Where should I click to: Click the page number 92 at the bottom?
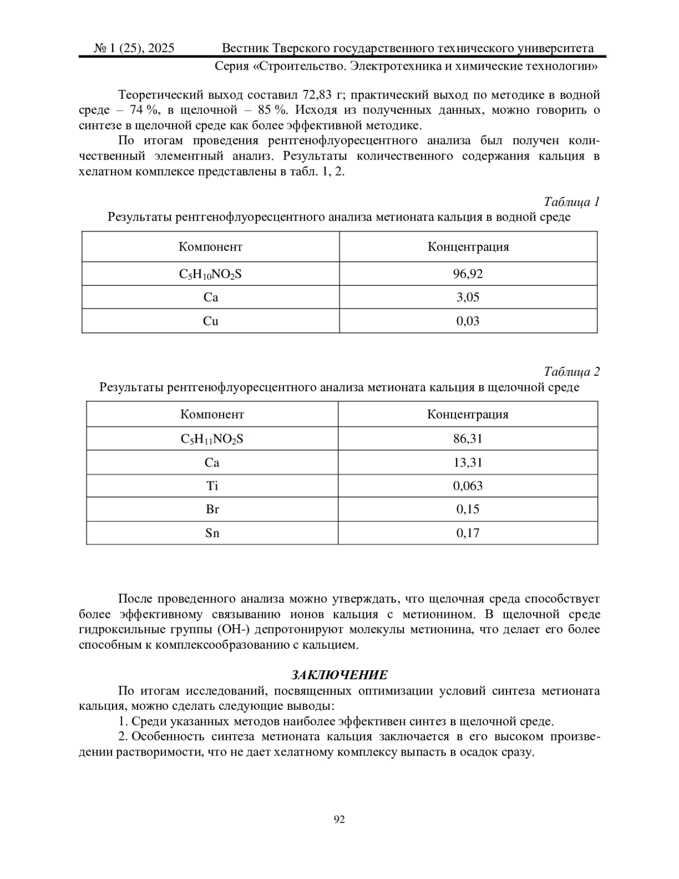point(339,819)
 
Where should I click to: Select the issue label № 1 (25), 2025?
point(134,48)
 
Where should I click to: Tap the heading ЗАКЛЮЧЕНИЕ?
point(339,675)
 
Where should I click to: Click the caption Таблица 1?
point(571,201)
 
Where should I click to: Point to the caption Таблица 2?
point(571,371)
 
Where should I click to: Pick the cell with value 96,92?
point(468,274)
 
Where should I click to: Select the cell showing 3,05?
point(468,297)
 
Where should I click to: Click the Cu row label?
point(210,321)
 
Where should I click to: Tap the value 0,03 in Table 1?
point(468,321)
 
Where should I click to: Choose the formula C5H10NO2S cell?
point(210,275)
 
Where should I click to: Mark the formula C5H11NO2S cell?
point(212,439)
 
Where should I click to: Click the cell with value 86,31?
point(468,438)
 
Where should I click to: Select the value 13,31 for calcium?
point(468,462)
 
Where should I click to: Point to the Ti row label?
point(212,486)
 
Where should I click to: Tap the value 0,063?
point(468,486)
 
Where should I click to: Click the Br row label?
point(212,509)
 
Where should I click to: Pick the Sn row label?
point(212,533)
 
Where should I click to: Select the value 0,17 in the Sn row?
point(468,533)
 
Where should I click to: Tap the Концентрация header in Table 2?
point(468,414)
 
